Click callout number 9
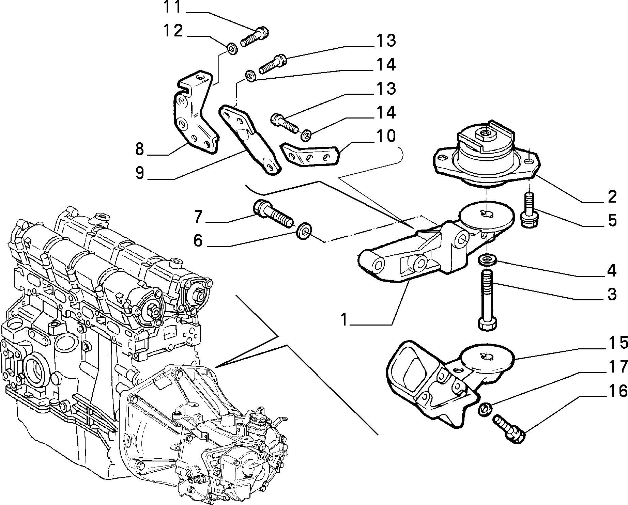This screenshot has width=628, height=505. [x=139, y=172]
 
